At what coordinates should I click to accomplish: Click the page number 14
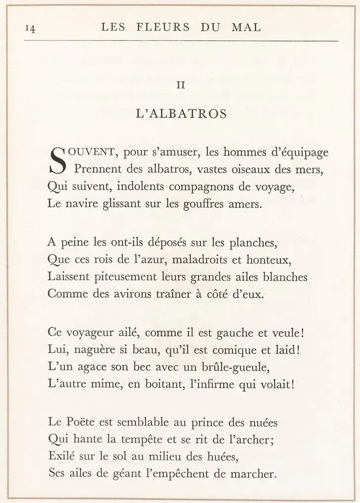coord(29,29)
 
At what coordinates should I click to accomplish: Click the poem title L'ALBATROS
coord(181,113)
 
